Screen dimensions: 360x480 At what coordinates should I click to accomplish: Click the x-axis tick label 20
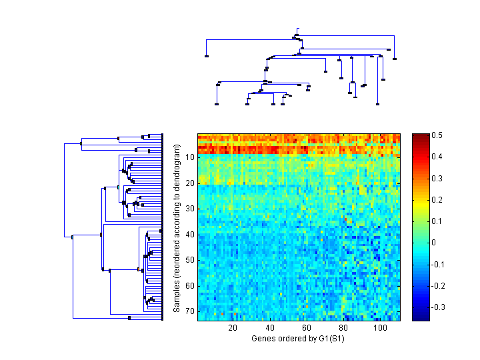pos(233,328)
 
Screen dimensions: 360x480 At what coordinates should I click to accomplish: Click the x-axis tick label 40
pos(270,328)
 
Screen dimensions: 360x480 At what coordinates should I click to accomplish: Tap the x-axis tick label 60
pos(307,328)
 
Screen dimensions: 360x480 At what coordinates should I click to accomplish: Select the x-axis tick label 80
pos(343,328)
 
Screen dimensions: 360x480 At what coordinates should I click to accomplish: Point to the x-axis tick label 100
pos(380,328)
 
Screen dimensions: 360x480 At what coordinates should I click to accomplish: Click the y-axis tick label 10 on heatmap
pos(189,157)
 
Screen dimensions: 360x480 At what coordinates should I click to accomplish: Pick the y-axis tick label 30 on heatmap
pos(189,209)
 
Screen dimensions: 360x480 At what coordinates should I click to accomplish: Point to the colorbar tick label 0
pos(435,242)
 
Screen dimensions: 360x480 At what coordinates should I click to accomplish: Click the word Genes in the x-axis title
pos(262,339)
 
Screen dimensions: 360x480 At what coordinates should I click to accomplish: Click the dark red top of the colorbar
pos(420,137)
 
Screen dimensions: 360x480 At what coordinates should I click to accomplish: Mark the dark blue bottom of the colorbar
pos(420,318)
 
